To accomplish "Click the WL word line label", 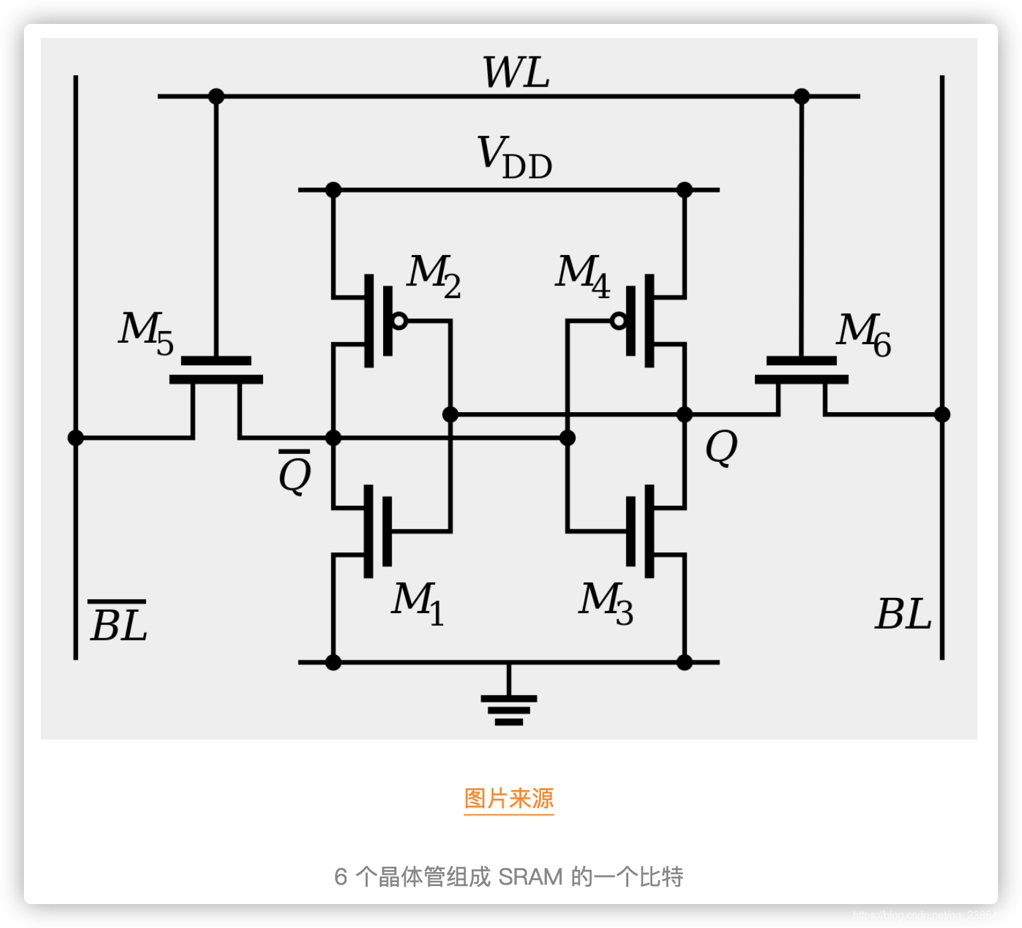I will [516, 73].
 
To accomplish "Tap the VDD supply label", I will [514, 158].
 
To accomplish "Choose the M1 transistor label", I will [418, 603].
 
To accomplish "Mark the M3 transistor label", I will [606, 603].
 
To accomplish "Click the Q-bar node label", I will [294, 472].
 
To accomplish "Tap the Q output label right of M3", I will [722, 447].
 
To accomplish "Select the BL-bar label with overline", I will [118, 622].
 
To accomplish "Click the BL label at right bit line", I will [903, 614].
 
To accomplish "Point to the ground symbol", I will [509, 708].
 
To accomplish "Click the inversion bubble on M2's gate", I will [399, 321].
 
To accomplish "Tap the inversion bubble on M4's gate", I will [619, 321].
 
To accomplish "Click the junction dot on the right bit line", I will [941, 415].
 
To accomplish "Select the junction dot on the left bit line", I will [76, 437].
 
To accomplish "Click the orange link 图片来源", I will [509, 798].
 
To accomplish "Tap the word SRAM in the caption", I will [530, 877].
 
